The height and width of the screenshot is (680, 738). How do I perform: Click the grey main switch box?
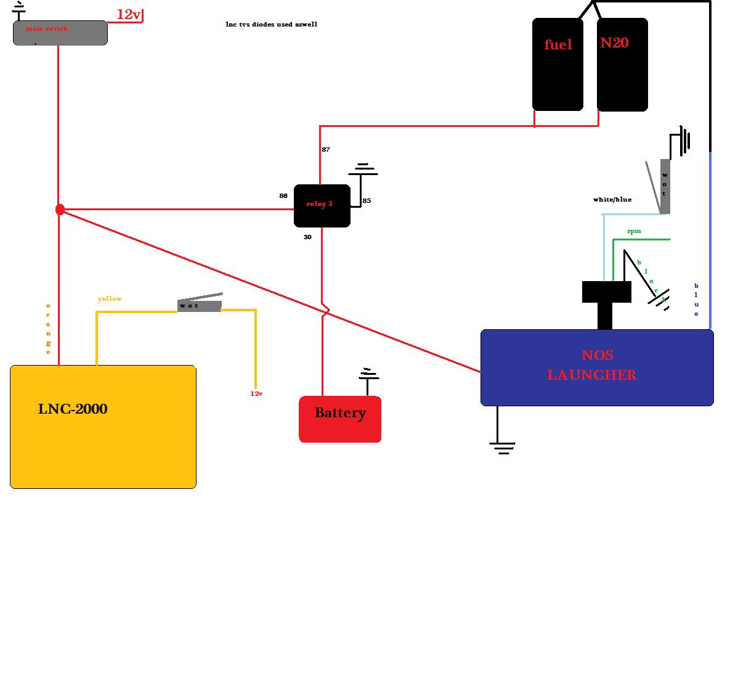point(60,33)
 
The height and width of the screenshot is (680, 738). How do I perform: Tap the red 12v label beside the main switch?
point(128,15)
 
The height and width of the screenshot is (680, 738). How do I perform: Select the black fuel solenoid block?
point(558,65)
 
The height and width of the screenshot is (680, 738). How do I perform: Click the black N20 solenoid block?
point(622,65)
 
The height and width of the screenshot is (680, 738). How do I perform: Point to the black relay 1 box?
point(322,205)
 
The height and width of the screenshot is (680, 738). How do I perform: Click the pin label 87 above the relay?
point(325,150)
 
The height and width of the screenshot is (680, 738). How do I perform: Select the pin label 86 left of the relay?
point(283,196)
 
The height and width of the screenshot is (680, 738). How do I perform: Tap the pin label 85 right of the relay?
point(367,201)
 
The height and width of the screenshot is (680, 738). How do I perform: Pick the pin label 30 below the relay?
point(307,237)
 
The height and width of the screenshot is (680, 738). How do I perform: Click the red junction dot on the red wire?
point(60,210)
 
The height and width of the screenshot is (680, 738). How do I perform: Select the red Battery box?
point(340,419)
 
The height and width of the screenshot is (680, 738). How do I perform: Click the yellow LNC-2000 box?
point(103,427)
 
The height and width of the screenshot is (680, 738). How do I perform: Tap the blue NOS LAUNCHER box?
point(596,367)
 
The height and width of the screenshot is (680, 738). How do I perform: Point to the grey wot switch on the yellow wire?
point(199,305)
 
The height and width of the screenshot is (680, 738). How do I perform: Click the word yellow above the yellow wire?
point(110,299)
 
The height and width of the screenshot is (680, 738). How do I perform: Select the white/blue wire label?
point(612,200)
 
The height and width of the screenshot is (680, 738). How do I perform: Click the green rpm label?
point(634,231)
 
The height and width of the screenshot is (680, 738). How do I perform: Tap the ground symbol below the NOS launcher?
point(503,448)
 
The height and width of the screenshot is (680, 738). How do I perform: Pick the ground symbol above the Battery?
point(368,375)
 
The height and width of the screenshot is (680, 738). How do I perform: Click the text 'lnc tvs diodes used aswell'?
point(271,25)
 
